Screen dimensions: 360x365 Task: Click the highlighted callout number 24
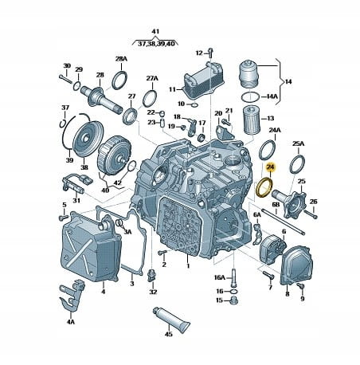[271, 167]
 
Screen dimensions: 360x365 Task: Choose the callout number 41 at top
[155, 31]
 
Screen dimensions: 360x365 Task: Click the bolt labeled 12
[210, 53]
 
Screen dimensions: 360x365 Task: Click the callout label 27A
[152, 78]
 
